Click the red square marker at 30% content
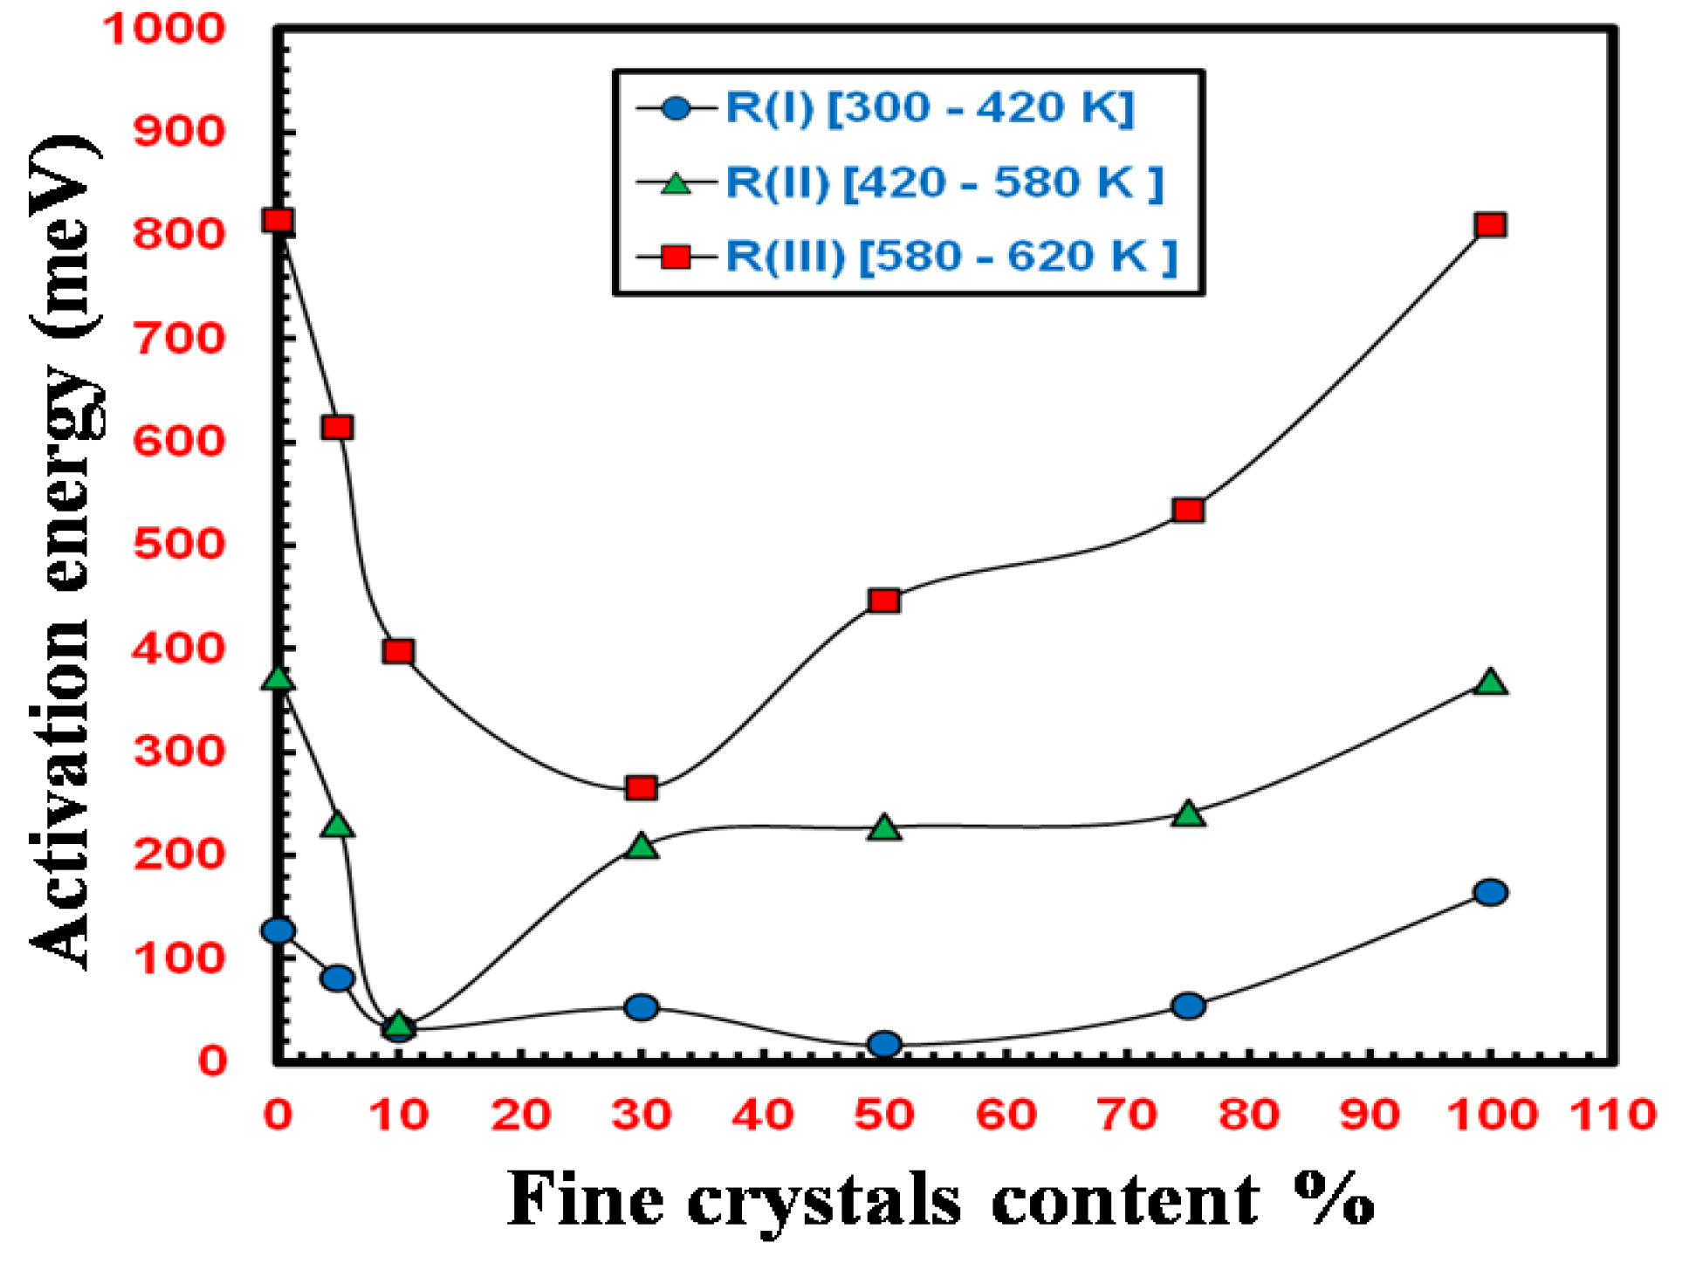point(642,788)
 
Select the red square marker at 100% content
point(1490,225)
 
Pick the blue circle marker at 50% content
point(884,1044)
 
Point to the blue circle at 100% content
point(1490,892)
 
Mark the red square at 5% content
point(338,427)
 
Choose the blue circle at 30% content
point(642,1007)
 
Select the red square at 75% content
point(1188,510)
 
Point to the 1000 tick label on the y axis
point(164,29)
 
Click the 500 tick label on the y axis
point(179,544)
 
